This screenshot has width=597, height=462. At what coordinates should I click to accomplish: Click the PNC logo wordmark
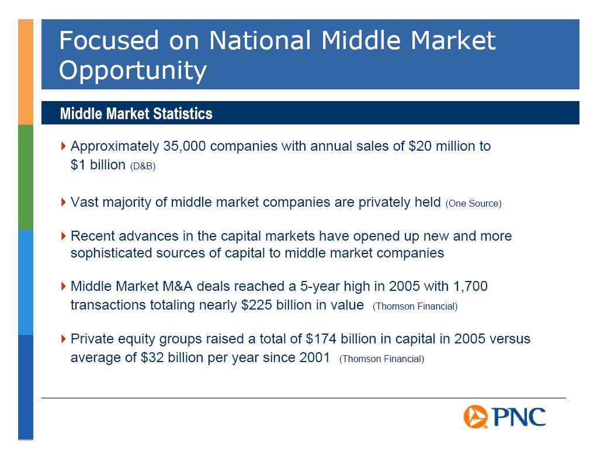(x=518, y=416)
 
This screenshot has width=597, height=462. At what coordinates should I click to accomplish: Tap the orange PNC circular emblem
(x=475, y=416)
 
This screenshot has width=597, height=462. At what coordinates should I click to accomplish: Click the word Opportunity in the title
(x=133, y=71)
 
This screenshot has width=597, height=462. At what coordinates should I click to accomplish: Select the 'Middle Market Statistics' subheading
(x=136, y=113)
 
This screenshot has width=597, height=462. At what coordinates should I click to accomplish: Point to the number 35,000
(x=184, y=146)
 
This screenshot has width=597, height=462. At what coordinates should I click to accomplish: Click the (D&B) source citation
(x=143, y=166)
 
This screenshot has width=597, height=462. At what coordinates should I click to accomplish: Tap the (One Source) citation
(x=473, y=204)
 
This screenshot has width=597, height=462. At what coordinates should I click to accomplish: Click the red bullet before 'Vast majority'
(x=63, y=202)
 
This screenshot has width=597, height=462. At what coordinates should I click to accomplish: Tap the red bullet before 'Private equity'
(x=63, y=339)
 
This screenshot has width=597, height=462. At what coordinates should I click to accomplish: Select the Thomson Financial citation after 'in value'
(x=415, y=307)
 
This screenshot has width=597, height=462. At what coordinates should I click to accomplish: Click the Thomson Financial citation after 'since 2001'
(x=381, y=359)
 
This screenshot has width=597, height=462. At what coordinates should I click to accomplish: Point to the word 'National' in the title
(x=260, y=40)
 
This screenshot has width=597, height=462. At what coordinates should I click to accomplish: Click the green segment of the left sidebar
(x=26, y=178)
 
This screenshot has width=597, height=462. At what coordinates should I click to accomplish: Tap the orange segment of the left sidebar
(x=26, y=72)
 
